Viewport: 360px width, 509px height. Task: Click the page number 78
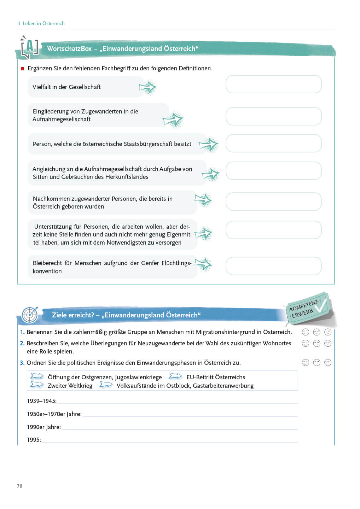[x=19, y=486]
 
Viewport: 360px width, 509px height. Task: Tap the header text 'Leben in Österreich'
[x=43, y=23]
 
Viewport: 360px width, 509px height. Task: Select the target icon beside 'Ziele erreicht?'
[x=30, y=315]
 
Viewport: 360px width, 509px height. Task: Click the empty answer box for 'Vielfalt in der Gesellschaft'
[x=273, y=84]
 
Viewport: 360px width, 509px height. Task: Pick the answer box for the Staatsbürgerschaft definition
[x=273, y=143]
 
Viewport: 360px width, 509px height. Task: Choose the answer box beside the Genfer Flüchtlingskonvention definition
[x=273, y=266]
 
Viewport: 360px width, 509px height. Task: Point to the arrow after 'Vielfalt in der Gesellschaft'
[x=147, y=87]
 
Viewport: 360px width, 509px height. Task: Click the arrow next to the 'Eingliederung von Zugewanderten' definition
[x=173, y=120]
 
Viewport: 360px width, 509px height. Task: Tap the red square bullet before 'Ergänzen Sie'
[x=23, y=69]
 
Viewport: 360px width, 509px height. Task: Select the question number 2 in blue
[x=22, y=343]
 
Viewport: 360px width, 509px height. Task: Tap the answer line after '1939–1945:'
[x=177, y=402]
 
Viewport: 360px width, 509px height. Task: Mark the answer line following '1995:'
[x=170, y=440]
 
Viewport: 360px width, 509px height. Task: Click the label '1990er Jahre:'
[x=44, y=427]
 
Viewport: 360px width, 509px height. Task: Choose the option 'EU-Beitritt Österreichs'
[x=215, y=377]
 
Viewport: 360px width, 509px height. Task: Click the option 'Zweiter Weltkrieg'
[x=70, y=386]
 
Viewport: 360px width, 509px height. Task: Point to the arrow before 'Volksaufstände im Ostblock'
[x=106, y=385]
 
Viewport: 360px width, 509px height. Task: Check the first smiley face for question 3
[x=306, y=362]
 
